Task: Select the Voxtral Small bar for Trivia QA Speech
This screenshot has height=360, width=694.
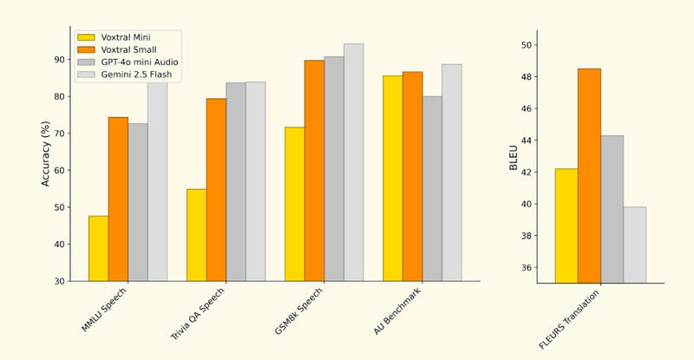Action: pos(216,190)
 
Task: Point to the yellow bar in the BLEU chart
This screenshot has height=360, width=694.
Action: pos(566,226)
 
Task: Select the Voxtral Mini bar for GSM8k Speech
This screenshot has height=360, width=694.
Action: pos(294,204)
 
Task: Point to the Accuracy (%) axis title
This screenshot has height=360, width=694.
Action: pos(46,155)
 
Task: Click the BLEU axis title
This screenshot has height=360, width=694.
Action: pos(514,157)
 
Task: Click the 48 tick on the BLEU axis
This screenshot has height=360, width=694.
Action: pos(527,77)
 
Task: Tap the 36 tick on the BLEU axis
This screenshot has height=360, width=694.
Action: pos(527,268)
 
